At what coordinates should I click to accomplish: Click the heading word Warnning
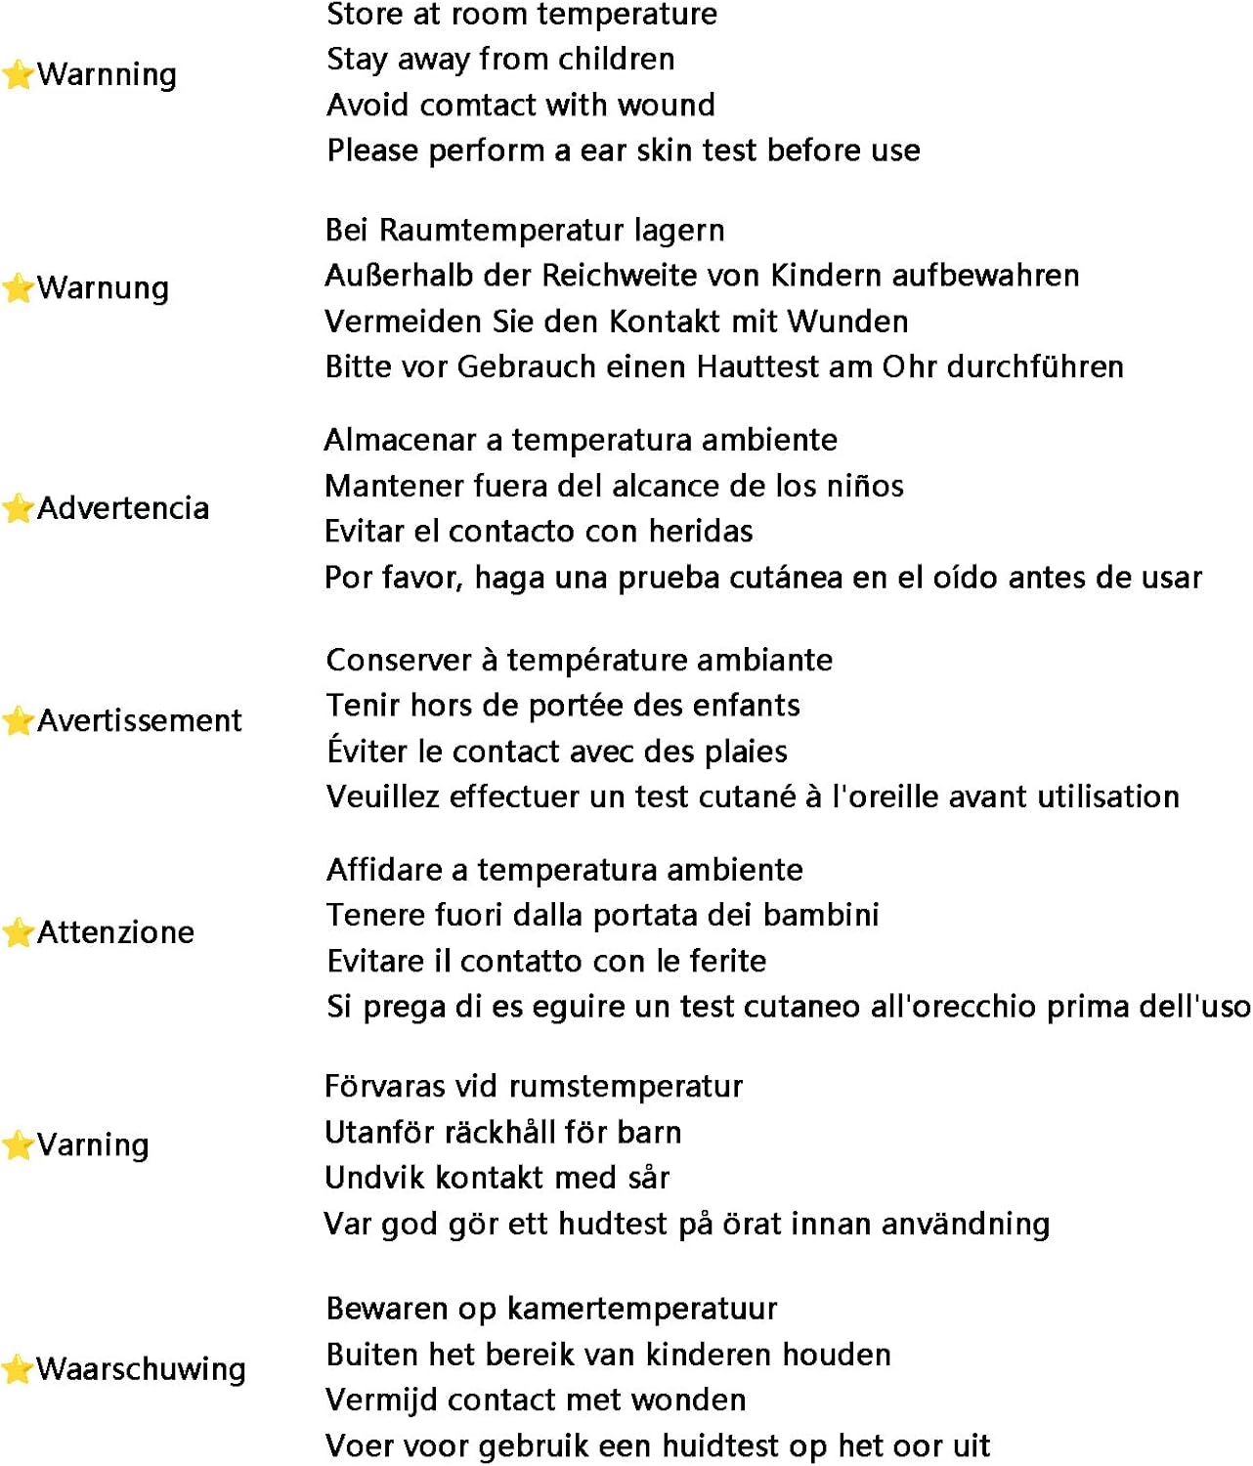(x=108, y=74)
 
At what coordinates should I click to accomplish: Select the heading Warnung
(x=104, y=288)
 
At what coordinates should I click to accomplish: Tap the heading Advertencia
(x=123, y=508)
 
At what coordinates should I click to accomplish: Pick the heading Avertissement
(x=140, y=721)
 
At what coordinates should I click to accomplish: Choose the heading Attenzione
(x=116, y=933)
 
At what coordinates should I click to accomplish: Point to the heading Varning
(x=94, y=1145)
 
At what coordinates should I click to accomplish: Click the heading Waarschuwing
(x=142, y=1369)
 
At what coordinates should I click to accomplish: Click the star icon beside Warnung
(x=18, y=288)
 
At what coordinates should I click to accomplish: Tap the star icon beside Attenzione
(x=18, y=933)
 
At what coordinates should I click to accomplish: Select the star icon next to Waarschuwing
(x=18, y=1369)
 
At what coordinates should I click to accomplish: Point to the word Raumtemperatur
(x=502, y=231)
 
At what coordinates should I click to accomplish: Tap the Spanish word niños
(x=868, y=486)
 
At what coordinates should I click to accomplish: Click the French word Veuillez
(x=383, y=797)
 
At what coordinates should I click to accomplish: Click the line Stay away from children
(x=500, y=60)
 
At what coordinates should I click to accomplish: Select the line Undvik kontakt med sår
(x=497, y=1178)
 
